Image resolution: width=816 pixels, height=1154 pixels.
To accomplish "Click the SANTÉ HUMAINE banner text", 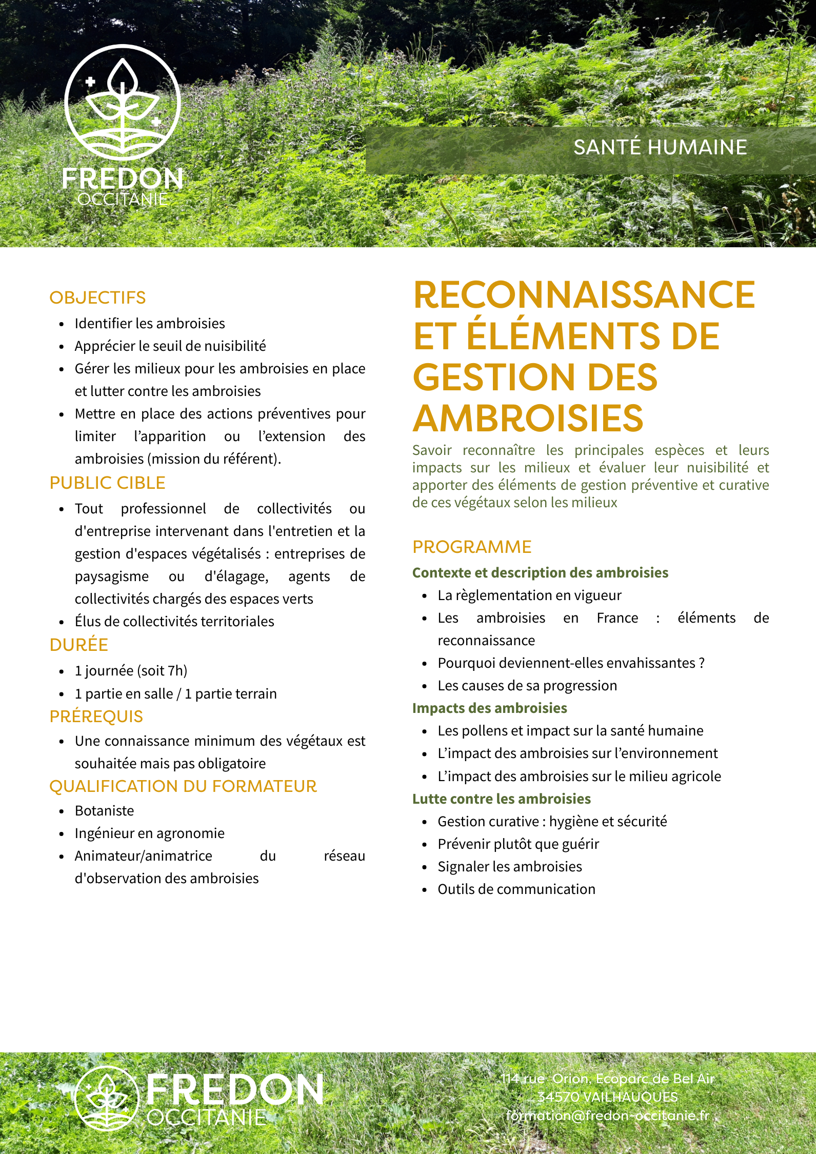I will pos(660,148).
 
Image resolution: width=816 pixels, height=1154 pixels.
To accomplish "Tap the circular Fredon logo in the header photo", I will pos(123,103).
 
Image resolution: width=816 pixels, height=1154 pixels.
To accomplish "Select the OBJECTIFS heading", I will pos(97,297).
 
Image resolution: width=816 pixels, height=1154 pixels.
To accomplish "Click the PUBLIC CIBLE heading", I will pos(107,483).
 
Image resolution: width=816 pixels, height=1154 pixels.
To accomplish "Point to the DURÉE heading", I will pos(78,645).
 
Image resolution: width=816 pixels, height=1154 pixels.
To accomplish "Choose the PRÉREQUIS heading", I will pos(96,717).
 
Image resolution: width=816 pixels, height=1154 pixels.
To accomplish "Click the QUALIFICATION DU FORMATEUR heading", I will pos(183,786).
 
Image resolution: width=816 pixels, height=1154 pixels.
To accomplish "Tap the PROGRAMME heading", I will pos(471,547).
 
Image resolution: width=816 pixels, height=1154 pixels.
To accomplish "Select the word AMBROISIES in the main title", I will pos(528,419).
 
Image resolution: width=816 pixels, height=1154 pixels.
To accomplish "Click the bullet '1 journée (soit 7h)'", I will pos(131,671).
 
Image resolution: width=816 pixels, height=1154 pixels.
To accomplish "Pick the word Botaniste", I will pos(104,811).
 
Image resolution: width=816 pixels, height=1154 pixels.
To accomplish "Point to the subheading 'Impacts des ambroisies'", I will pos(489,708).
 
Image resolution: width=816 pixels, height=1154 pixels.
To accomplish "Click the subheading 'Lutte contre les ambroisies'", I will pos(501,799).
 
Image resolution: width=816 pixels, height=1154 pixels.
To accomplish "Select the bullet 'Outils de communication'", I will pos(516,889).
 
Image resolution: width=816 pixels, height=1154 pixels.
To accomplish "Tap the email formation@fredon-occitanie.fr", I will pos(607,1116).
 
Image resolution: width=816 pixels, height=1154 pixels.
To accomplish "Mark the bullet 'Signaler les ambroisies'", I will pos(509,867).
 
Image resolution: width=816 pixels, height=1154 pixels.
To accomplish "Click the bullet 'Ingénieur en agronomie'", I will pos(149,833).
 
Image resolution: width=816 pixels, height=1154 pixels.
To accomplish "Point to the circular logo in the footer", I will pos(107,1099).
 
